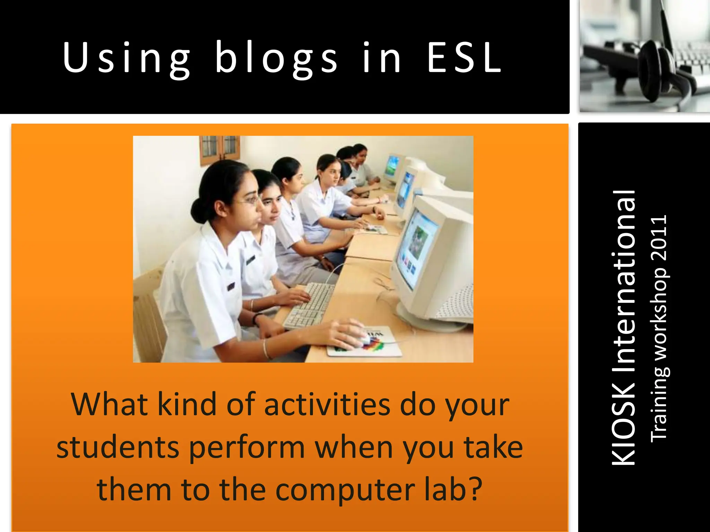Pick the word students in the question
118,447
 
